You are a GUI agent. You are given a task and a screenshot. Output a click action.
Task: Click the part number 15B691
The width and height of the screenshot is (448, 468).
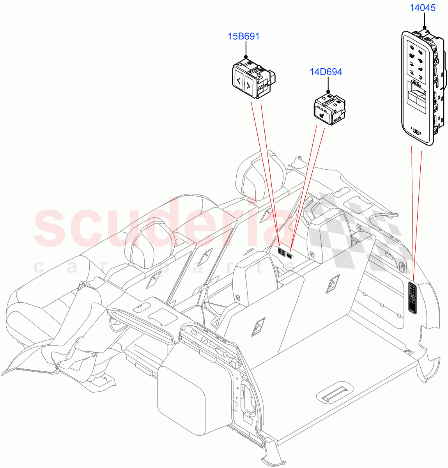coord(244,36)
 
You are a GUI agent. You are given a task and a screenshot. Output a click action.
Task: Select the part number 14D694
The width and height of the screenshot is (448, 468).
coord(326,72)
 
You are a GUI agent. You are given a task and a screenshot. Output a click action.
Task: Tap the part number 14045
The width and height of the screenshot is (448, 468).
coord(422,7)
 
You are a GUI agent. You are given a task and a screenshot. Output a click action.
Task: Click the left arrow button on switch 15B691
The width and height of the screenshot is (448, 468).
coord(237,82)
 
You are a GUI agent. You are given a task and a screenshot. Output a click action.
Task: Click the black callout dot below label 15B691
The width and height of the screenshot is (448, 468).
coord(246,57)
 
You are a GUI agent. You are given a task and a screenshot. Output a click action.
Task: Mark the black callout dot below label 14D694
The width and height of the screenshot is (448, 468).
coord(328,91)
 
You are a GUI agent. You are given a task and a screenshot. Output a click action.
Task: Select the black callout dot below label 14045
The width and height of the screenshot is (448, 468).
coord(424,27)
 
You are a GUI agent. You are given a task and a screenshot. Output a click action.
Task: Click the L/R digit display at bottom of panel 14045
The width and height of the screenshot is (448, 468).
coord(416,132)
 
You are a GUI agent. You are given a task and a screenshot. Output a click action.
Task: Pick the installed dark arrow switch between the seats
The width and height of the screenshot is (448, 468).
coord(282,252)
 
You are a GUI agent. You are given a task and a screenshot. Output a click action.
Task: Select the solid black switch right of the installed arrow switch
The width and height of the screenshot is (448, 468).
coord(290,255)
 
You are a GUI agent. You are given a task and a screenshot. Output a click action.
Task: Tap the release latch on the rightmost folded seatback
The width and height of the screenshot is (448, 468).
coord(334,284)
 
